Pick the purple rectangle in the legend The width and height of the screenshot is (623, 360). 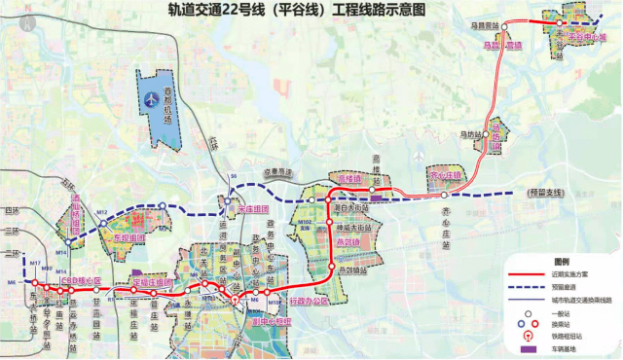525,347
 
